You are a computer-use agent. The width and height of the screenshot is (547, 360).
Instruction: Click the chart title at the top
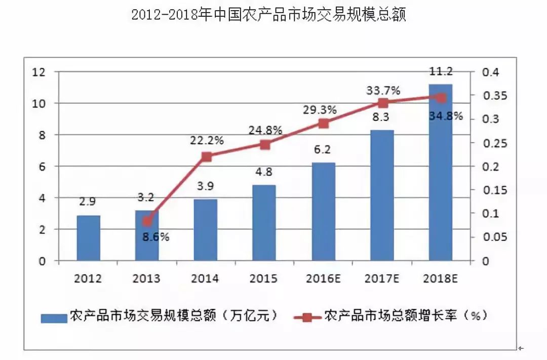point(268,15)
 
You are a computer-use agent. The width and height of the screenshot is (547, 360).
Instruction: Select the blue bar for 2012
point(88,238)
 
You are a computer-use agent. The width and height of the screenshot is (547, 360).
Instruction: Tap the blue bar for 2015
point(264,223)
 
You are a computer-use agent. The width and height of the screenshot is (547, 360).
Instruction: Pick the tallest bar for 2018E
point(440,172)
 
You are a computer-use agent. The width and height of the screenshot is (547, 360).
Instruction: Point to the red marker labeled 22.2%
point(206,156)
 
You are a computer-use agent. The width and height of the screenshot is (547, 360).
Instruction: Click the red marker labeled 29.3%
point(324,124)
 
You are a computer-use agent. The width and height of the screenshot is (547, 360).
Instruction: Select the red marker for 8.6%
point(147,221)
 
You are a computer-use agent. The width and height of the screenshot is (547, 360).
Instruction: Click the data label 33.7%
point(383,91)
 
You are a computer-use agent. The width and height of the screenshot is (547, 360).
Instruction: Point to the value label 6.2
point(323,150)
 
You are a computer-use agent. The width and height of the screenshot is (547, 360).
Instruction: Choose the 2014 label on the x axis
point(205,278)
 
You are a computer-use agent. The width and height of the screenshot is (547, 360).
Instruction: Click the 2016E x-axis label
point(323,278)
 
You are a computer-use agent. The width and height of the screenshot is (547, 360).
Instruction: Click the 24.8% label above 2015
point(265,130)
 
